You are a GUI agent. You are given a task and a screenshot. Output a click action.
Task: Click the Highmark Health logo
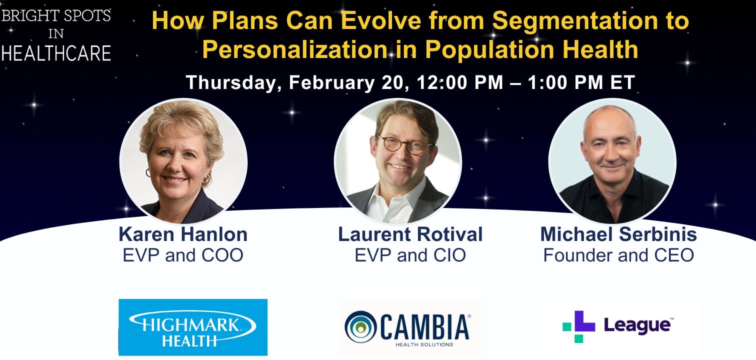point(193,327)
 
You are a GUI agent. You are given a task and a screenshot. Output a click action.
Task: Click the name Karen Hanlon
point(183,234)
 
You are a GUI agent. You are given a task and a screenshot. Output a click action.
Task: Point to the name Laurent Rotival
point(410,234)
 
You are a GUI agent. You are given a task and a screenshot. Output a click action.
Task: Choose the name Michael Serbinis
point(618,234)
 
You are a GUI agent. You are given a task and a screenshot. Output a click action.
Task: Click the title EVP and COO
point(183,255)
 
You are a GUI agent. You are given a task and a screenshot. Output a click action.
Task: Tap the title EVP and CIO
point(410,255)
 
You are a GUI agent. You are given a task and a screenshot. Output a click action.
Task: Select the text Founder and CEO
point(618,255)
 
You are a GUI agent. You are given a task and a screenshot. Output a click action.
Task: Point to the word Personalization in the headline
point(295,49)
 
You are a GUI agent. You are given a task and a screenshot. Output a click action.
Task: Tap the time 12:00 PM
point(459,82)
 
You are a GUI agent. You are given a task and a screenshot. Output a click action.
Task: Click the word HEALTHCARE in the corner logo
point(56,53)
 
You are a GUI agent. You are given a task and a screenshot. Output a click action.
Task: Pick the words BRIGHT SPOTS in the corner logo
point(56,16)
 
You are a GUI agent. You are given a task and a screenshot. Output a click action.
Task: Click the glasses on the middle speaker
point(404,145)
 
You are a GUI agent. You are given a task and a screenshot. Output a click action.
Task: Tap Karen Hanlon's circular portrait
point(183,161)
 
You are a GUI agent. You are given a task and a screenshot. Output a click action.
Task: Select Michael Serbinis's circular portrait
point(612,161)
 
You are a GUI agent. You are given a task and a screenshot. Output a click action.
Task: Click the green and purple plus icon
point(578,326)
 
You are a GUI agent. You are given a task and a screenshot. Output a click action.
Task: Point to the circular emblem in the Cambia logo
point(360,326)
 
